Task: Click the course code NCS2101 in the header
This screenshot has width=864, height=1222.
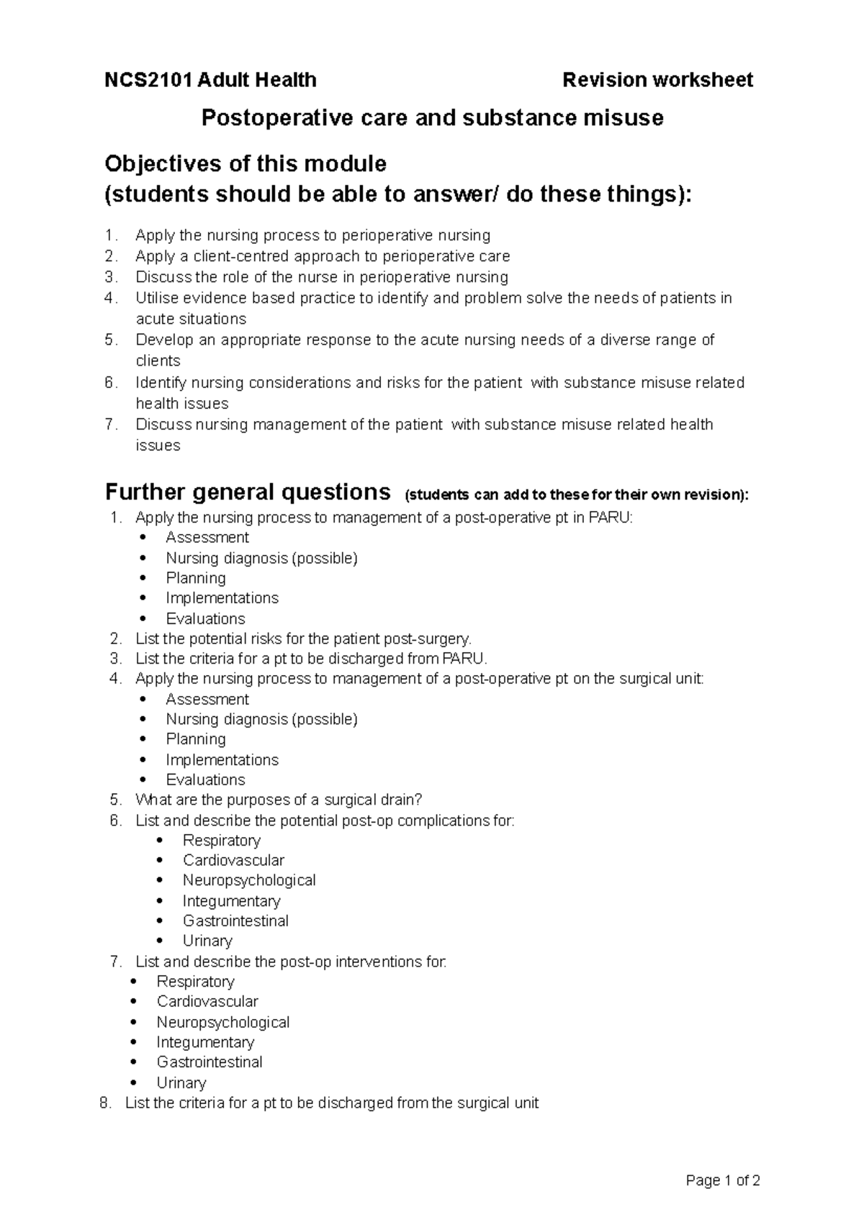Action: click(148, 80)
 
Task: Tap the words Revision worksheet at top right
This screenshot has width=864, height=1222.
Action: click(657, 80)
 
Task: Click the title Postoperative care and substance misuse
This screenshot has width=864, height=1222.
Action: click(432, 117)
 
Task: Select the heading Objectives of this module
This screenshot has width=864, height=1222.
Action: click(246, 164)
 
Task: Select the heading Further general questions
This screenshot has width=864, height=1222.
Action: click(248, 492)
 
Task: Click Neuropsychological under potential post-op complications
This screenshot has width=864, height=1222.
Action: click(249, 880)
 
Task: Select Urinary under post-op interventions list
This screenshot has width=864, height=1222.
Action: click(181, 1082)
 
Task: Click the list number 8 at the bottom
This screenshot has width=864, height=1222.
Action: click(107, 1103)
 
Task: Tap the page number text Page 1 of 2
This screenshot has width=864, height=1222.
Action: click(723, 1181)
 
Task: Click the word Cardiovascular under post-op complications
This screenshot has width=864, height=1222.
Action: click(233, 860)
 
